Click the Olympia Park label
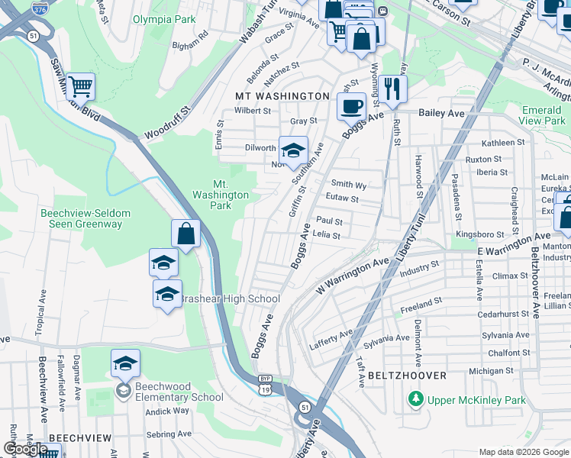pyautogui.click(x=164, y=19)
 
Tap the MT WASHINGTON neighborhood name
pyautogui.click(x=282, y=96)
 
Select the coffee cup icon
pyautogui.click(x=351, y=106)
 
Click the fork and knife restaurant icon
pyautogui.click(x=392, y=89)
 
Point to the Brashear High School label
pyautogui.click(x=229, y=298)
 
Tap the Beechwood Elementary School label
pyautogui.click(x=179, y=392)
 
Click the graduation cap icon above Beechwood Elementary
pyautogui.click(x=125, y=363)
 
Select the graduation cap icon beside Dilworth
pyautogui.click(x=292, y=150)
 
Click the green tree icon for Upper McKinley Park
pyautogui.click(x=415, y=399)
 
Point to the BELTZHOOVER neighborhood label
pyautogui.click(x=405, y=376)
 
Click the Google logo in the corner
pyautogui.click(x=25, y=450)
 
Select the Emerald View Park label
pyautogui.click(x=544, y=115)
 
